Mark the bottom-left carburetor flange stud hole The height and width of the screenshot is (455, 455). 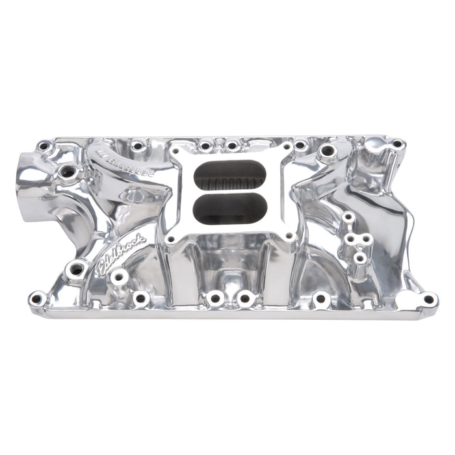(170, 239)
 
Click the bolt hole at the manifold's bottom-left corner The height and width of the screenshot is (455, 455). (37, 299)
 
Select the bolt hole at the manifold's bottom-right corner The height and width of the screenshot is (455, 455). (428, 300)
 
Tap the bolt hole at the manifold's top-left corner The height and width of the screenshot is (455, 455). (44, 147)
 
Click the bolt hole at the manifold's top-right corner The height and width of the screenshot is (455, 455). (396, 144)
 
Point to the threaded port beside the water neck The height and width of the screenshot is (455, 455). (68, 172)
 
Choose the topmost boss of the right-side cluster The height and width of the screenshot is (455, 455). (348, 216)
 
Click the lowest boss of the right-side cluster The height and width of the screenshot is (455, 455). (359, 258)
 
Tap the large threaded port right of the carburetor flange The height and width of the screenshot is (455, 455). (328, 152)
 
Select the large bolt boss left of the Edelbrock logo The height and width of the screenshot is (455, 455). (77, 268)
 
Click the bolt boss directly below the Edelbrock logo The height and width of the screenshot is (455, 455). (118, 278)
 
